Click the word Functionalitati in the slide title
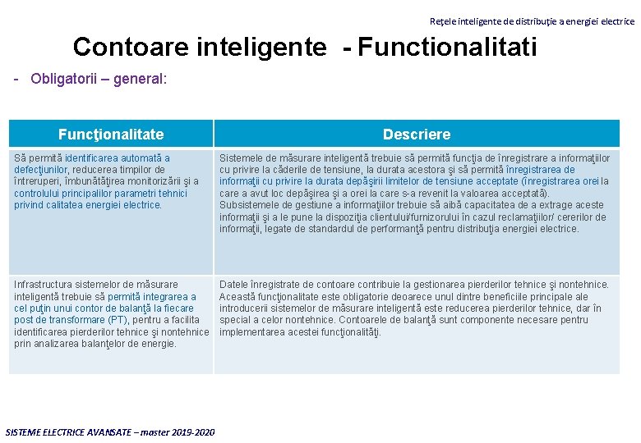pyautogui.click(x=447, y=47)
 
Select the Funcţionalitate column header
pyautogui.click(x=111, y=135)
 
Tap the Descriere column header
pyautogui.click(x=417, y=135)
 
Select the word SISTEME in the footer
pyautogui.click(x=25, y=432)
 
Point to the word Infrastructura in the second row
pyautogui.click(x=46, y=285)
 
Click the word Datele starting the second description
pyautogui.click(x=234, y=285)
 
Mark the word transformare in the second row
pyautogui.click(x=71, y=320)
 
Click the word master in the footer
pyautogui.click(x=152, y=432)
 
